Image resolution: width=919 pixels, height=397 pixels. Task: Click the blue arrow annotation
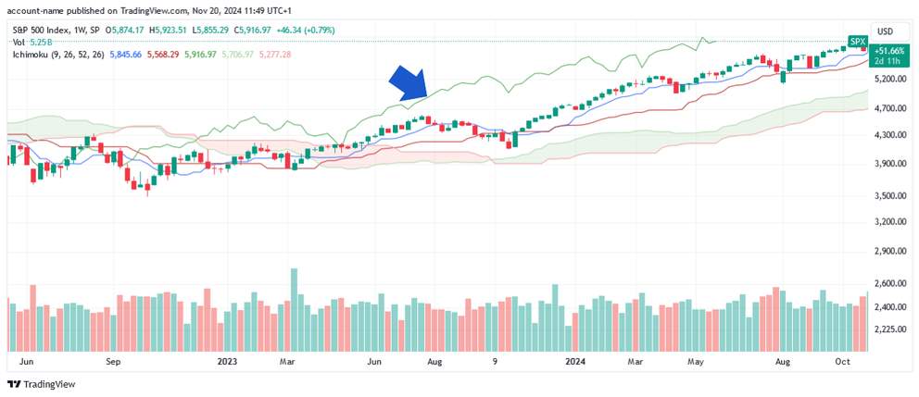pyautogui.click(x=408, y=83)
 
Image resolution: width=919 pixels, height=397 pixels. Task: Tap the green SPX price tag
pyautogui.click(x=857, y=43)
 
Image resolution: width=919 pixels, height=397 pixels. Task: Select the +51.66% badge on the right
pyautogui.click(x=891, y=51)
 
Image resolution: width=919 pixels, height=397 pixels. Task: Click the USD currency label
pyautogui.click(x=885, y=31)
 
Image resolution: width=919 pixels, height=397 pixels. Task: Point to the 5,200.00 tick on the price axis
pyautogui.click(x=890, y=80)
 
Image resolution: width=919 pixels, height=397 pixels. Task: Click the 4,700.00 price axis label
pyautogui.click(x=890, y=108)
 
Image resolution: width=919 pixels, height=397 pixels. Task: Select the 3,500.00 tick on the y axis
pyautogui.click(x=890, y=196)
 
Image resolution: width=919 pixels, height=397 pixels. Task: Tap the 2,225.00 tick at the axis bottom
pyautogui.click(x=890, y=328)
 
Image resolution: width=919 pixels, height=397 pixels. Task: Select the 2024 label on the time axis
pyautogui.click(x=575, y=362)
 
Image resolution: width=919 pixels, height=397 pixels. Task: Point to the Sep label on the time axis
pyautogui.click(x=114, y=362)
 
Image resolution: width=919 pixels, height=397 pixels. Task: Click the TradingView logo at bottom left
pyautogui.click(x=42, y=384)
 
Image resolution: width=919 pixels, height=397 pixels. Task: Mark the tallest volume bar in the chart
pyautogui.click(x=295, y=310)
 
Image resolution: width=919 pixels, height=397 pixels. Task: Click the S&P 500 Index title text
pyautogui.click(x=43, y=30)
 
